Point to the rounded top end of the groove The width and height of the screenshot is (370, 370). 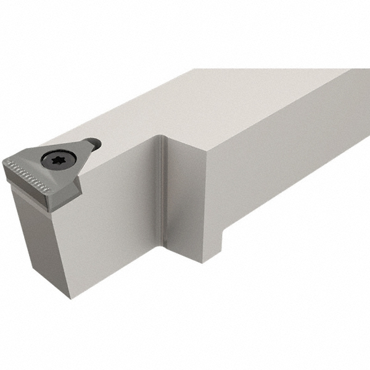[161, 139]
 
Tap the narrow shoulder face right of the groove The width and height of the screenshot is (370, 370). [185, 197]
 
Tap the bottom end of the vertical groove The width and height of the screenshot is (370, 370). [165, 245]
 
